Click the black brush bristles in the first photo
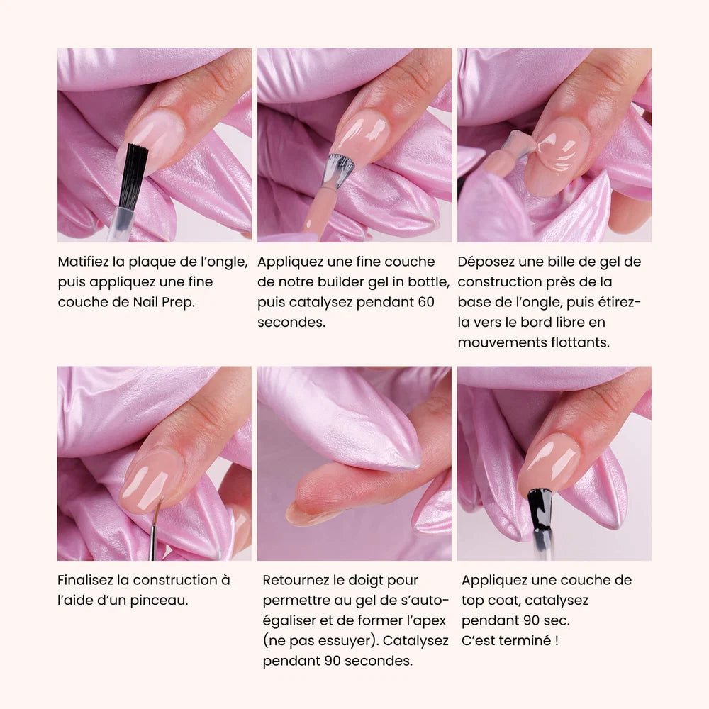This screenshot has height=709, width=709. pos(134,177)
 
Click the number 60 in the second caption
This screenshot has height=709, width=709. pos(426,302)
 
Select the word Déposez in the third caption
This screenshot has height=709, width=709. pos(486,262)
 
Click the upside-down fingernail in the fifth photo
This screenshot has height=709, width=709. pos(308,515)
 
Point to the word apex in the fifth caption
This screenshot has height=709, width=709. pos(430,621)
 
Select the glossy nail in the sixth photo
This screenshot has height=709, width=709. pos(549,463)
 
